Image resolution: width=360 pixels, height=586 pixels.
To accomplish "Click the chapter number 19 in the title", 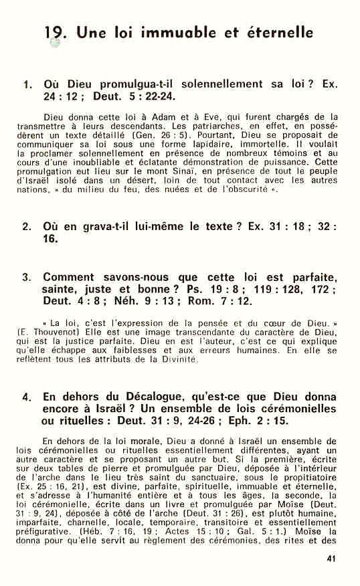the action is click(56, 31).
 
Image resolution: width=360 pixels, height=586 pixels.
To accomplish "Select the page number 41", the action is click(331, 559).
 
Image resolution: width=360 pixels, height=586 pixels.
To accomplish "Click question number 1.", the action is click(27, 86).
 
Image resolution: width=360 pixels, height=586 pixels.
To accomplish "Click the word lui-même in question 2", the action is click(153, 227).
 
